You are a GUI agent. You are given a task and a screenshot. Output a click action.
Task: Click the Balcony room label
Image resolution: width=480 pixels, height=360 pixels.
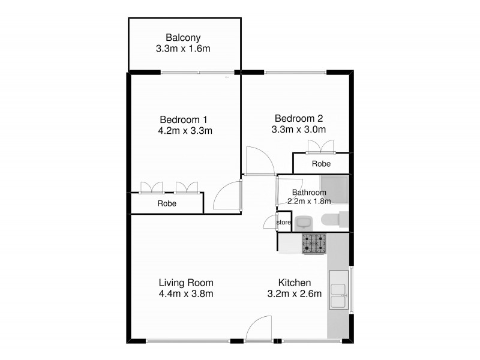click(185, 37)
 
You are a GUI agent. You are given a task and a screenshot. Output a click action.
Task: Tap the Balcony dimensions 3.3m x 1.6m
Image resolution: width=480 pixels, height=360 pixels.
click(185, 49)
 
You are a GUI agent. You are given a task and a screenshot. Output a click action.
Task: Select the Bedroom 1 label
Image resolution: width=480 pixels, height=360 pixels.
click(184, 118)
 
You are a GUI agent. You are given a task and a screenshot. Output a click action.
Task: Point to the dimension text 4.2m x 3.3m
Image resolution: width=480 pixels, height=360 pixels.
click(184, 130)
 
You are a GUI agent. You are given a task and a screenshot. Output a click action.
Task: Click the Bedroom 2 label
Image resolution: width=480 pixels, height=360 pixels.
click(299, 118)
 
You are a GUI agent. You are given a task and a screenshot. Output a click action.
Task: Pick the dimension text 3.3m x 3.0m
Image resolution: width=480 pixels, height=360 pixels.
click(299, 129)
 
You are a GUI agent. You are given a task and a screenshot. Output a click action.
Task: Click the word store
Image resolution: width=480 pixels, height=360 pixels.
click(283, 223)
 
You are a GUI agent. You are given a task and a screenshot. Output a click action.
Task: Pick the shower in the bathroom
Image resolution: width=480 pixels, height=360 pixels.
click(334, 189)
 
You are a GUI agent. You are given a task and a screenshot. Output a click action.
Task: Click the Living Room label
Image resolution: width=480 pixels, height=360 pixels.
click(186, 283)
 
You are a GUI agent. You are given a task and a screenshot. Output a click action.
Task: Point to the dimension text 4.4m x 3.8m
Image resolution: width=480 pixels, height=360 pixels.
click(186, 294)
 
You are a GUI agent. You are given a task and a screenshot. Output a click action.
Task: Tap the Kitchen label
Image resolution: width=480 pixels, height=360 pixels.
click(294, 283)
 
